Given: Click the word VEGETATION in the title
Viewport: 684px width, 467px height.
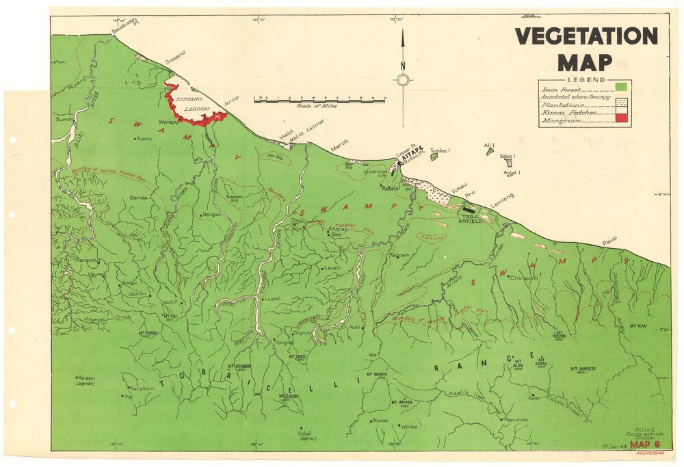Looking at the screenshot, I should (586, 36).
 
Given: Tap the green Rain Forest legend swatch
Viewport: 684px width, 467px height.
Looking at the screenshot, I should (621, 87).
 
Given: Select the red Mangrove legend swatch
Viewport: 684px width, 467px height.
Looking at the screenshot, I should (621, 119).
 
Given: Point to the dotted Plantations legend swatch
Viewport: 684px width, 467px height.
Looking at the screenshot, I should (621, 103).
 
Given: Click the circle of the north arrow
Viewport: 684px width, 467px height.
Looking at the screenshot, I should (404, 81).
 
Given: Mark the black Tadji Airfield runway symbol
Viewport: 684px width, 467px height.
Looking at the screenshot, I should (469, 209).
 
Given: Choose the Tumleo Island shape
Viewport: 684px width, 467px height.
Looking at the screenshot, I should (434, 156).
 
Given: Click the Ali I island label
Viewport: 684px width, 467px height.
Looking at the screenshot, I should (488, 145).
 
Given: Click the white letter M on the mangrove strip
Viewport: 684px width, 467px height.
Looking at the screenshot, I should (218, 118).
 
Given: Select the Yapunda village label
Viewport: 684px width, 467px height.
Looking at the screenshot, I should (516, 419).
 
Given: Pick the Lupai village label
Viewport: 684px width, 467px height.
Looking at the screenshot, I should (272, 298).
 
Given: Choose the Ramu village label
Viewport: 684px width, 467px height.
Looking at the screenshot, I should (144, 139).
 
